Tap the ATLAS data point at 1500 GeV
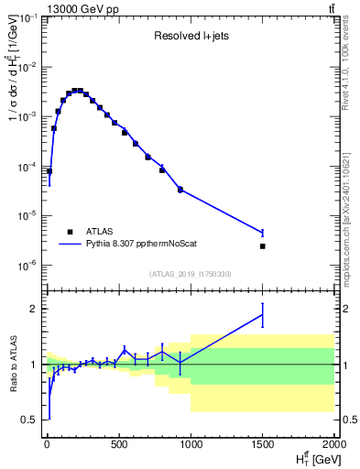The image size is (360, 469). click(x=263, y=246)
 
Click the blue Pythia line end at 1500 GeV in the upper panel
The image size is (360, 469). click(x=263, y=233)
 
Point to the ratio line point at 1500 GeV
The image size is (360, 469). click(x=263, y=315)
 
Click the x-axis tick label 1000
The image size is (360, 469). click(x=191, y=444)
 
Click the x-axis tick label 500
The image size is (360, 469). click(x=118, y=444)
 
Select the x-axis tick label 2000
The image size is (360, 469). click(x=333, y=444)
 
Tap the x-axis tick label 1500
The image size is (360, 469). click(x=263, y=444)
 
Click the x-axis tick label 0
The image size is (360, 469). click(x=46, y=444)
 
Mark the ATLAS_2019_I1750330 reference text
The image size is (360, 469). click(x=191, y=274)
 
